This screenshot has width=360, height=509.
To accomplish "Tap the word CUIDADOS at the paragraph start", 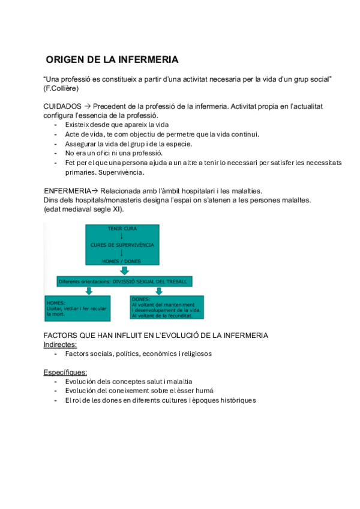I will (63, 106).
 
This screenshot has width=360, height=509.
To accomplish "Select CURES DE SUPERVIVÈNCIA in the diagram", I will (122, 245).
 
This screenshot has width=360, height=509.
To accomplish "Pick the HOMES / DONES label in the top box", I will (122, 260).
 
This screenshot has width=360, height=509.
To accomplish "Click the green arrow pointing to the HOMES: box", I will (88, 291).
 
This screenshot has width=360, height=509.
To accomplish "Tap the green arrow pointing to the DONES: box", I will (159, 291).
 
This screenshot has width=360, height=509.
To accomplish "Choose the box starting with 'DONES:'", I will (169, 307).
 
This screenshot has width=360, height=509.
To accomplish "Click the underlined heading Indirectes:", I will (60, 345).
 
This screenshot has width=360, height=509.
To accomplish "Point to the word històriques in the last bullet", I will (236, 400).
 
